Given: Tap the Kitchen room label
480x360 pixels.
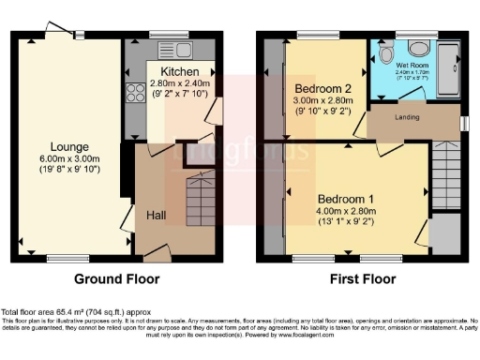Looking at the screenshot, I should tap(178, 72).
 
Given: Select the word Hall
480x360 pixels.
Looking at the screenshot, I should tap(157, 215).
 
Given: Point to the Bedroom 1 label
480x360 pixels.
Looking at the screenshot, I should tap(345, 199).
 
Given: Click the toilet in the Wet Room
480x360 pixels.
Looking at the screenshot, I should tap(386, 53).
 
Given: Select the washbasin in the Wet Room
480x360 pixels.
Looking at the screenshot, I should tap(419, 49).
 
